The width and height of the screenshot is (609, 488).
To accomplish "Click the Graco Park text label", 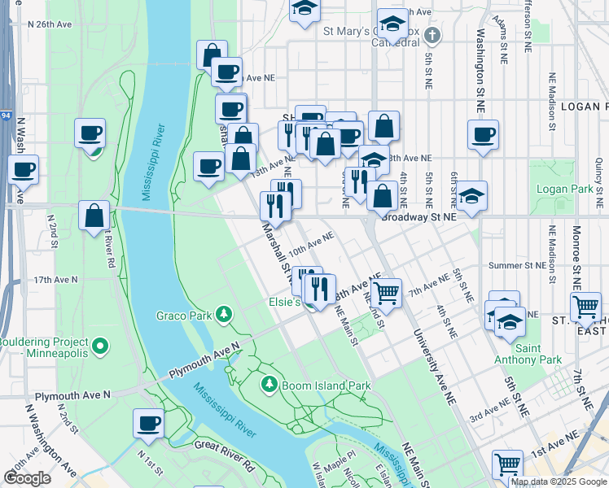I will (184, 315).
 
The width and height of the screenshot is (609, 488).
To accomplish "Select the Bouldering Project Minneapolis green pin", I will (99, 347).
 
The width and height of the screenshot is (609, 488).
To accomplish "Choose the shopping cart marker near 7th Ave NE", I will (388, 291).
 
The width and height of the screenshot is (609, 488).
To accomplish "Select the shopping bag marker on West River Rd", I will (94, 215).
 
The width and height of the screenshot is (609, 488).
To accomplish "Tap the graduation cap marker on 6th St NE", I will (471, 195).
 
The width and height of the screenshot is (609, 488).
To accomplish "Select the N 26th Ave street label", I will (50, 24).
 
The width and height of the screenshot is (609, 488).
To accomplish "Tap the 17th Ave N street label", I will (55, 279).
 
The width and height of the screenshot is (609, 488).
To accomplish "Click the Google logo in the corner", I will (27, 478).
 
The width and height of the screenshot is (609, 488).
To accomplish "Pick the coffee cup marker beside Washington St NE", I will (483, 134).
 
